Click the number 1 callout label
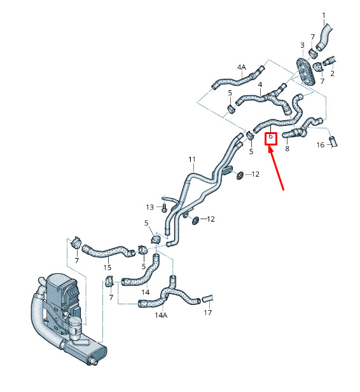324,15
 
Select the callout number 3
302,45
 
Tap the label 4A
242,67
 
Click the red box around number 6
271,139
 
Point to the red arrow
276,168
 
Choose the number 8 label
287,149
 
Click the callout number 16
321,145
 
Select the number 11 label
191,159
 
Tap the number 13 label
149,207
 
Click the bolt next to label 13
164,208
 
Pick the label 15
107,267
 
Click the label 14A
161,315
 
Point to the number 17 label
207,313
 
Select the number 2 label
332,74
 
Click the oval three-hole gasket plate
305,72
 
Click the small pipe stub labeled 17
207,298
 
